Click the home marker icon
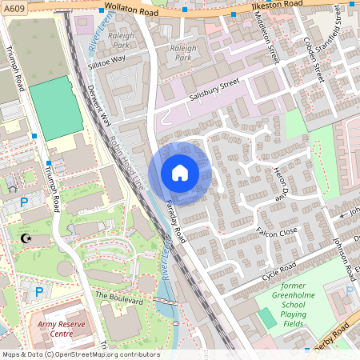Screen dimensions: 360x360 point(179,173)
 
